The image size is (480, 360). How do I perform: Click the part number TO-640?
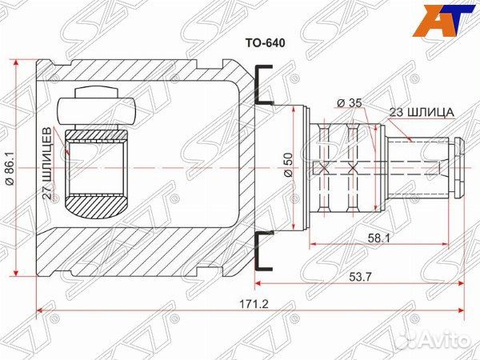[265, 43]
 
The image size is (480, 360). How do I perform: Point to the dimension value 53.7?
[360, 277]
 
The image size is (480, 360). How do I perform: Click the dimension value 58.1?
[379, 238]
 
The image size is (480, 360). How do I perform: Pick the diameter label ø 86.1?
[10, 167]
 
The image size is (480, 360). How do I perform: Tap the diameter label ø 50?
[289, 165]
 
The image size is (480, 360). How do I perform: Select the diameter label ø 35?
[350, 103]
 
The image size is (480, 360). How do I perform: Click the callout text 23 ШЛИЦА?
[422, 112]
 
